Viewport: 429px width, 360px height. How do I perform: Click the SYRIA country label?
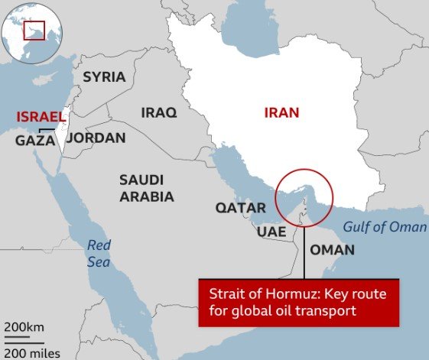point(104,76)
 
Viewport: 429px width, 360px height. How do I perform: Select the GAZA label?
point(34,141)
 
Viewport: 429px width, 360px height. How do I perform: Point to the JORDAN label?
point(96,138)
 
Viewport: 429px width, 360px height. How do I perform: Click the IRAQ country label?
point(158,112)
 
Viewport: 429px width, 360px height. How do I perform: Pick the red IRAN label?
point(281,113)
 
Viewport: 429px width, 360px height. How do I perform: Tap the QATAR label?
point(240,208)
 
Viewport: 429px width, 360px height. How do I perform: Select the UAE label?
point(271,232)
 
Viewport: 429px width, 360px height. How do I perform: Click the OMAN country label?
point(331,250)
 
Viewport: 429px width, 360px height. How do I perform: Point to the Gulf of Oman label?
point(384,227)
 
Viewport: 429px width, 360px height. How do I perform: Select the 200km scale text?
point(26,327)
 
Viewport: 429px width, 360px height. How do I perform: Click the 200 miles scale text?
point(31,352)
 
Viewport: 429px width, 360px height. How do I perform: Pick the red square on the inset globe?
point(34,31)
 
